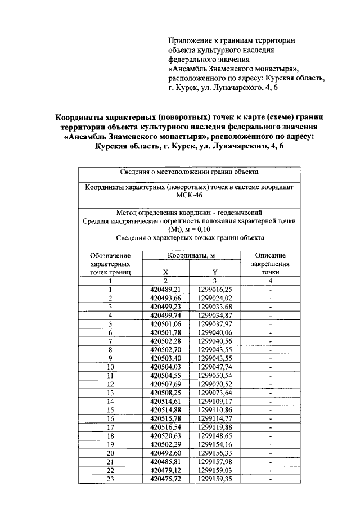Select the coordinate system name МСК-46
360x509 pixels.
(188, 195)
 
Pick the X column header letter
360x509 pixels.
(166, 272)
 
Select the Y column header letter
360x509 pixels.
(214, 272)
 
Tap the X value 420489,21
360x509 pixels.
(166, 289)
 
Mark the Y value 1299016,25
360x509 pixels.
(215, 289)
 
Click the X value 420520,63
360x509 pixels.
(166, 435)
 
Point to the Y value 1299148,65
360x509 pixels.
(215, 435)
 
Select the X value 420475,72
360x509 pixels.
(166, 479)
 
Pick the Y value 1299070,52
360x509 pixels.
(215, 384)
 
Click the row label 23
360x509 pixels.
(110, 479)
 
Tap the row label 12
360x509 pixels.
(110, 384)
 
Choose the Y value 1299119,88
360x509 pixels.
(215, 427)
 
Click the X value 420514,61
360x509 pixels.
(166, 401)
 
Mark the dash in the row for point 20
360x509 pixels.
(271, 453)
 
